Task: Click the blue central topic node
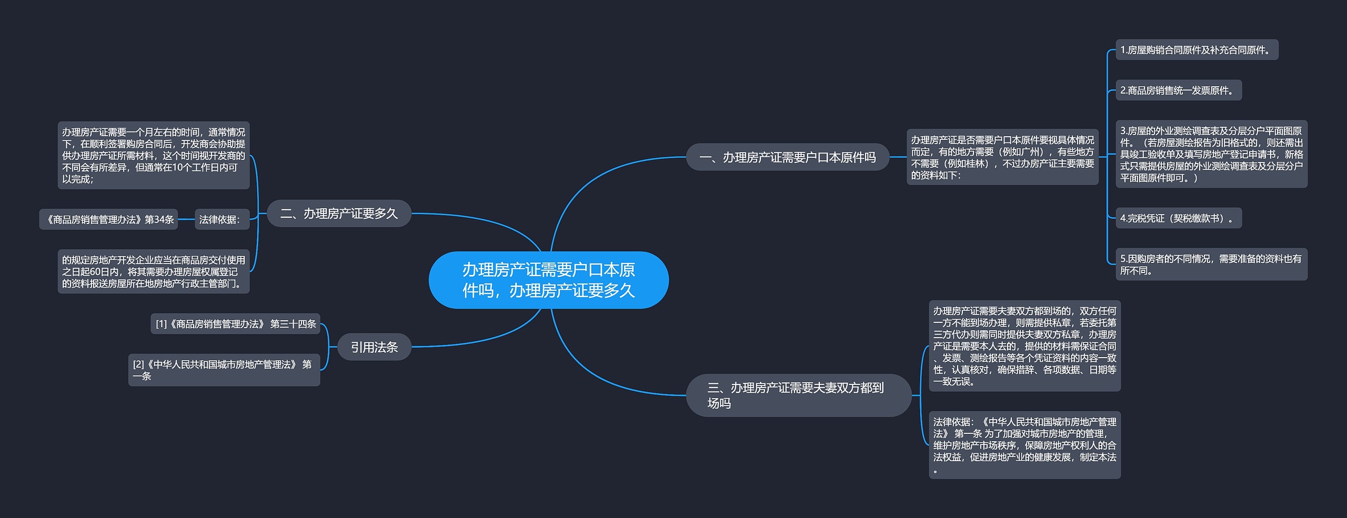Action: pos(548,280)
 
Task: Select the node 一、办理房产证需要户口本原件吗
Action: pos(787,157)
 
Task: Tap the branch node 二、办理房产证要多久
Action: pos(339,214)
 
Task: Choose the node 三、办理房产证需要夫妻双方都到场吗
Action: pos(798,395)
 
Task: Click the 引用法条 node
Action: pos(374,347)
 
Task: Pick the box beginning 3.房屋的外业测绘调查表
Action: pos(1211,154)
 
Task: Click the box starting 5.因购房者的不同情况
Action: pos(1211,265)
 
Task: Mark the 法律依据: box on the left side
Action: pos(219,219)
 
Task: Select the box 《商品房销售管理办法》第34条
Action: pos(109,219)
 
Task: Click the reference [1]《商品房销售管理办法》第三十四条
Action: pos(235,324)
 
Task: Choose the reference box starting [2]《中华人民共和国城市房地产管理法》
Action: pos(224,370)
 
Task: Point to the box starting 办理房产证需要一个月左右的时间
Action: pos(153,155)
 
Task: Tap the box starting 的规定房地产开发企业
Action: pos(153,271)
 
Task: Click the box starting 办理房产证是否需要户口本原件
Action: pos(1002,157)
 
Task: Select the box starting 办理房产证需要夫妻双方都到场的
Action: pos(1024,346)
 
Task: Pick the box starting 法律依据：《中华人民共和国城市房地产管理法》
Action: pos(1024,445)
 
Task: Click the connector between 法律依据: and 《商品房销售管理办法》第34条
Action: pos(186,219)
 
